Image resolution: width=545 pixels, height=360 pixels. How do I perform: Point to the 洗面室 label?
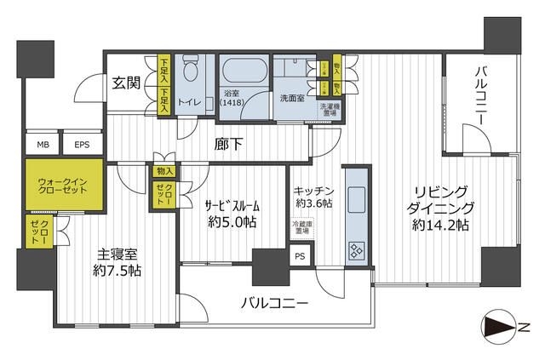pos(292,98)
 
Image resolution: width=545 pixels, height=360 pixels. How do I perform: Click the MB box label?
pos(42,144)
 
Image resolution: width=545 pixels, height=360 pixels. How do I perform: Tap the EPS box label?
pos(82,144)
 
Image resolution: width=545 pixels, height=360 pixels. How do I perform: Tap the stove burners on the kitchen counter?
pos(356,249)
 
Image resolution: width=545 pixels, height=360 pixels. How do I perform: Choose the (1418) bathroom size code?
pos(232,103)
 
